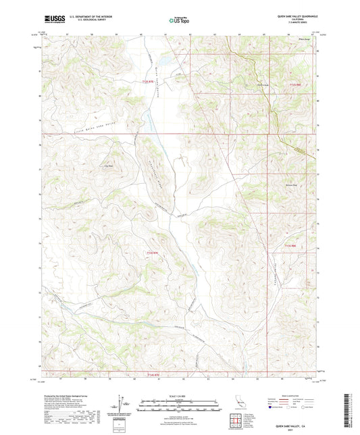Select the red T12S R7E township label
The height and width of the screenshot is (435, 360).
149,82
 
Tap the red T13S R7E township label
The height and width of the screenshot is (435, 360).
153,253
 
